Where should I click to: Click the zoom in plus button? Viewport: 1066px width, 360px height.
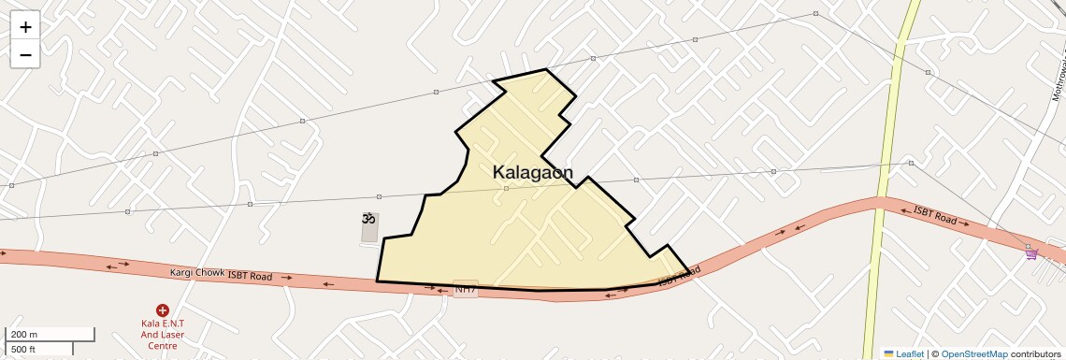(x=25, y=26)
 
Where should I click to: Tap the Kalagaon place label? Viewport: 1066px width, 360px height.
(x=532, y=172)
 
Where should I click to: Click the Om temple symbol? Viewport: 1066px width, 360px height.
(x=368, y=219)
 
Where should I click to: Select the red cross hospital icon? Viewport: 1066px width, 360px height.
(x=163, y=310)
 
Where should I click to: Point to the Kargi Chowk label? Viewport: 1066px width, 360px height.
(x=196, y=273)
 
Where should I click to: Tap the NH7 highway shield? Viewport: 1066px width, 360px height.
(x=465, y=290)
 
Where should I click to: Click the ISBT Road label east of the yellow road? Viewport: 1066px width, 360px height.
(x=935, y=216)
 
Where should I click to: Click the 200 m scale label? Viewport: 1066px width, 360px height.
(x=23, y=334)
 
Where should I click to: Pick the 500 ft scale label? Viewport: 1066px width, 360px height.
(x=23, y=350)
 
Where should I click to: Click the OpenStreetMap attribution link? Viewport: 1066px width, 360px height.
(x=974, y=353)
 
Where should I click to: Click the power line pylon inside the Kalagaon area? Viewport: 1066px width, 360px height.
(x=506, y=189)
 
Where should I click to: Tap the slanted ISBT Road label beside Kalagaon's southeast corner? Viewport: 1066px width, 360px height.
(x=679, y=277)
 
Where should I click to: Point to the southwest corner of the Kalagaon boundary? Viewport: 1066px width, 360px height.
(x=377, y=281)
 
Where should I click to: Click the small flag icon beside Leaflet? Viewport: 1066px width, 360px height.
(x=888, y=353)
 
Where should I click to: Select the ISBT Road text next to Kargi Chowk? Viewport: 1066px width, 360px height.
(x=250, y=277)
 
